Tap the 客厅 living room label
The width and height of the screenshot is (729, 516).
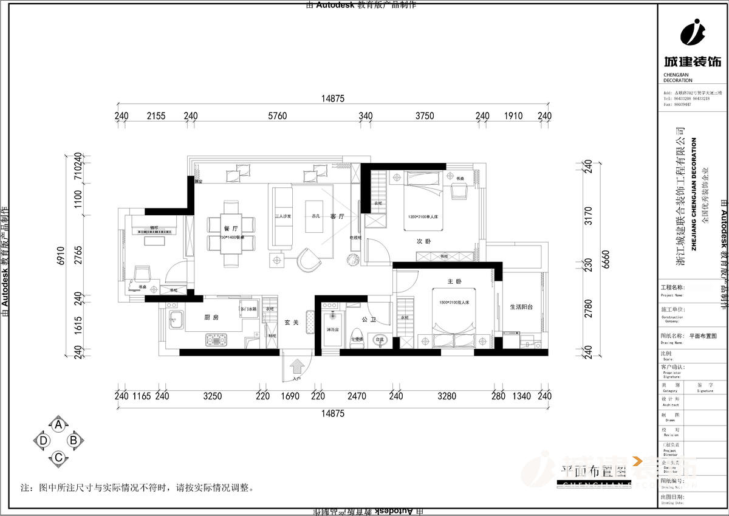(338, 216)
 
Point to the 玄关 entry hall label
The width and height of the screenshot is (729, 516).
(291, 323)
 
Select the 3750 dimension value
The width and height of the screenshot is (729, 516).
(425, 116)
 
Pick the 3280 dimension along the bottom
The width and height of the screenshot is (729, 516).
(447, 396)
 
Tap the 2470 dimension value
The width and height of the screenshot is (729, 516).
(357, 396)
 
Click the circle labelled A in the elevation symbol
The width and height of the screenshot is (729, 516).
(58, 425)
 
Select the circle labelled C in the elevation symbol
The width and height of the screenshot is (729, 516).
(58, 457)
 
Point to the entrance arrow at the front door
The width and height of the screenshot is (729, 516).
(298, 366)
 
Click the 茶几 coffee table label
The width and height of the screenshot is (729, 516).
(315, 216)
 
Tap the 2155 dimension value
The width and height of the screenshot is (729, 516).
(156, 116)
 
